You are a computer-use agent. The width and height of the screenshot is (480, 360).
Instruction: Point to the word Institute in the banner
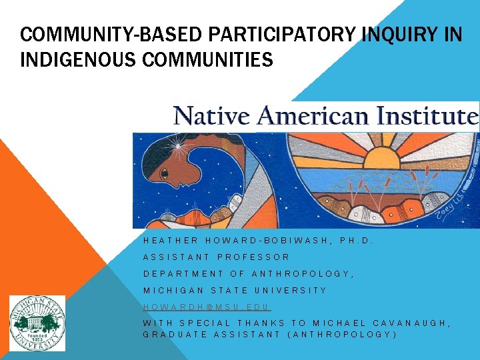[426, 116]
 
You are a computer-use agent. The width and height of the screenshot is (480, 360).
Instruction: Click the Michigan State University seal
[37, 323]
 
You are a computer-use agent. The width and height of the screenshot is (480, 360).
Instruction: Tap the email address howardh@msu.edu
[207, 307]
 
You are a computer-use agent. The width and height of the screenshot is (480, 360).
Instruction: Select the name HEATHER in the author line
[171, 240]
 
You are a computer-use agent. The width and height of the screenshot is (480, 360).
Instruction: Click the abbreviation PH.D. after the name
[356, 240]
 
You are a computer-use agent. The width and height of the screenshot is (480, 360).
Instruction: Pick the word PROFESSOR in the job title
[253, 257]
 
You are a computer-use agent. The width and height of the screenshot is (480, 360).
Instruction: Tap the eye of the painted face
[165, 175]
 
